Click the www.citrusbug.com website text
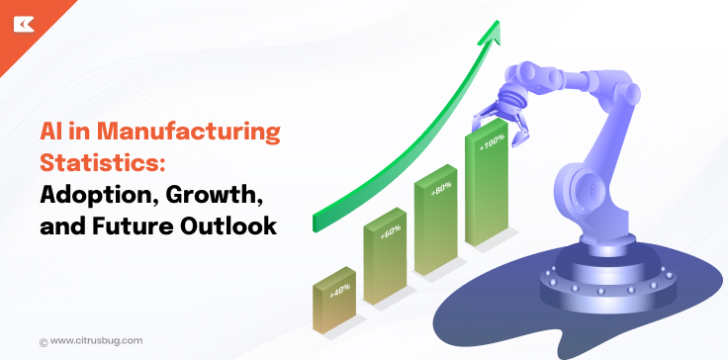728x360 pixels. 96,340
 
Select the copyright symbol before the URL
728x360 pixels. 44,341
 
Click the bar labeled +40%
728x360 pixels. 333,307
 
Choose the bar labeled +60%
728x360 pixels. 385,262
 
